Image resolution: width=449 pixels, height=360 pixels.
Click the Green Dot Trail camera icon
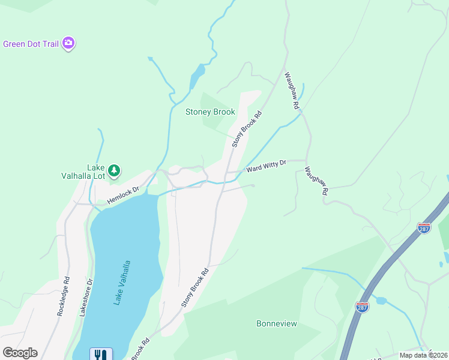[x=68, y=43]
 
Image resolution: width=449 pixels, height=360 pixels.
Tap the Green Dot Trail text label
[x=30, y=43]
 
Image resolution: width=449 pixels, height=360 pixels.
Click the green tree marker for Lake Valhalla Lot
[x=114, y=171]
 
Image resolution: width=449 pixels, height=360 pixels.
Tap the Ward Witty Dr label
[x=266, y=166]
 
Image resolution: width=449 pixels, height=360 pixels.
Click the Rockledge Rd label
[x=64, y=296]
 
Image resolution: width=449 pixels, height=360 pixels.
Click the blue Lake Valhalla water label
[x=122, y=283]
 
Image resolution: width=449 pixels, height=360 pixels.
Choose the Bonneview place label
[x=277, y=323]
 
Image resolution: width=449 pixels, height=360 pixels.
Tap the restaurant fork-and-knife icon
[x=99, y=355]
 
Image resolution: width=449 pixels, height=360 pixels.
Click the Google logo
[x=20, y=353]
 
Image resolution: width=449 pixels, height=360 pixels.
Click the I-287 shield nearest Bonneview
[x=362, y=307]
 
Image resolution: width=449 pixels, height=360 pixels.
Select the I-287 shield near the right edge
[x=424, y=228]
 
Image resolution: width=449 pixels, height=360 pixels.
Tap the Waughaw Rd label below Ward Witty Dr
[x=316, y=181]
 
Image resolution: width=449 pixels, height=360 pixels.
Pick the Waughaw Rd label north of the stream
[x=292, y=91]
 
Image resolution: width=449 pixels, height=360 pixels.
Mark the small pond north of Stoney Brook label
[x=196, y=77]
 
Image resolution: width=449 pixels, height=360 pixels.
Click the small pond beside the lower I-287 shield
[x=381, y=300]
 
